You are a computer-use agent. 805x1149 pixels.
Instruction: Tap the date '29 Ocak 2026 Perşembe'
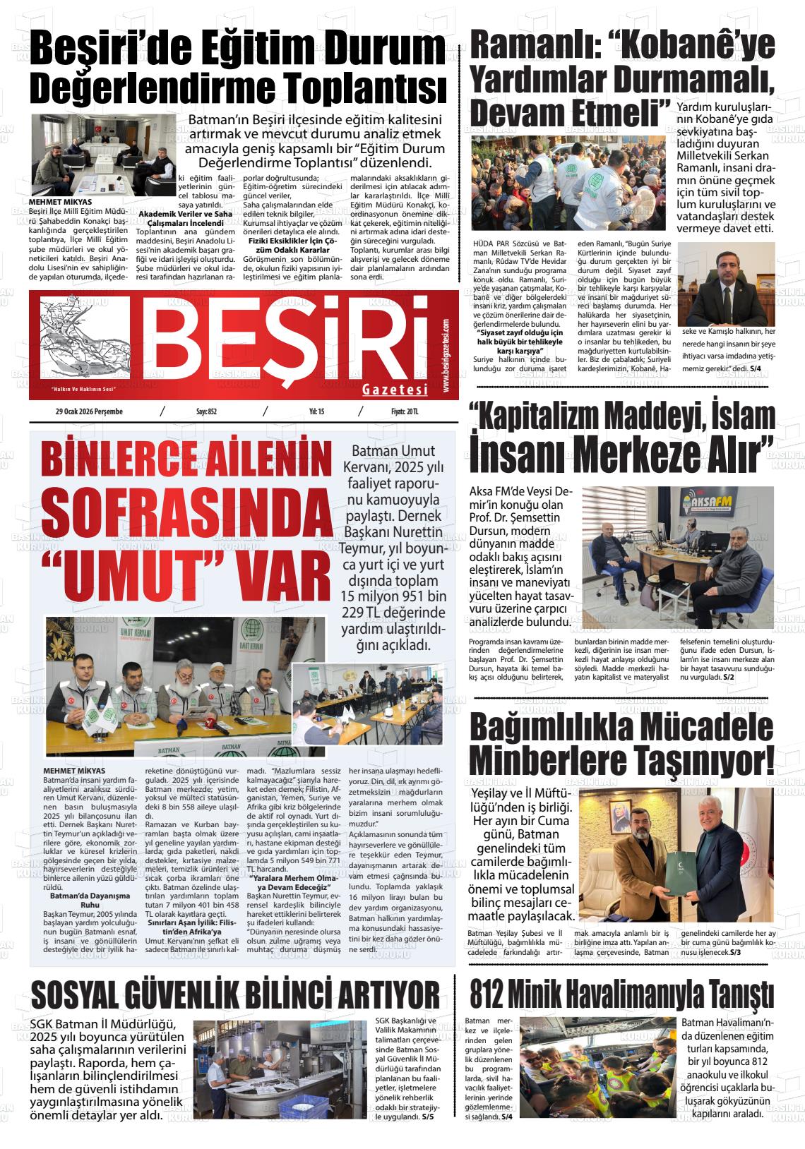89,412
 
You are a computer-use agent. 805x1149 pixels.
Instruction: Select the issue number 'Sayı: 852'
206,412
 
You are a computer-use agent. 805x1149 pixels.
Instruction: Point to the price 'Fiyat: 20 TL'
405,412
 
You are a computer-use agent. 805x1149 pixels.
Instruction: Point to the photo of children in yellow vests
597,1058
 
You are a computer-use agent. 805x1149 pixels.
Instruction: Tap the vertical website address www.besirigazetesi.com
446,356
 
